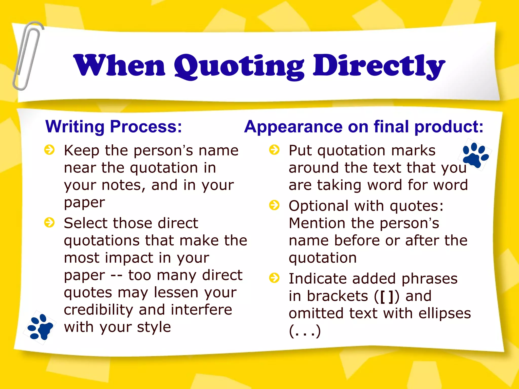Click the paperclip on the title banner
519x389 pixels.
[27, 56]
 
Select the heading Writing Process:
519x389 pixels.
[114, 126]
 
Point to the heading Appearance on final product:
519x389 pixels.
[364, 126]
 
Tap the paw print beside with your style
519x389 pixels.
[40, 327]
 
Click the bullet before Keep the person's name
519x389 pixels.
[49, 150]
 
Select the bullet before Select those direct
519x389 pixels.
[49, 223]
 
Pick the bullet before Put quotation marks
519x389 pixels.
[274, 150]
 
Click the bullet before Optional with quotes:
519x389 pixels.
[274, 205]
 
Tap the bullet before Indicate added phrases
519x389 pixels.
[274, 278]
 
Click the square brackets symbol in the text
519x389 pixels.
[386, 297]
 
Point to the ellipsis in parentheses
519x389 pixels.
[305, 331]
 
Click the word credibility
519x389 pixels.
[98, 310]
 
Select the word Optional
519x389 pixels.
[319, 206]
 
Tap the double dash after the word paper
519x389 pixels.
[117, 276]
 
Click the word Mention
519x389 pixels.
[317, 223]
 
